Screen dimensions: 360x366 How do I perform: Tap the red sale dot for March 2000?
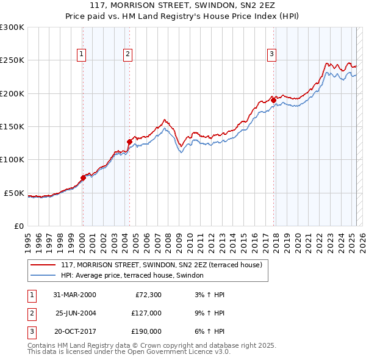83,178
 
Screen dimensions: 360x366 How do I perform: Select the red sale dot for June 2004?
129,142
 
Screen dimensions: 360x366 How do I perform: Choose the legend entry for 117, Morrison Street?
161,265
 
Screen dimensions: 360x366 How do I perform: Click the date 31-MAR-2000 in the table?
74,295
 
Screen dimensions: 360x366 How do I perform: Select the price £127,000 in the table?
146,313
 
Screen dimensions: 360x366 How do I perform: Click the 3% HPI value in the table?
207,295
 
